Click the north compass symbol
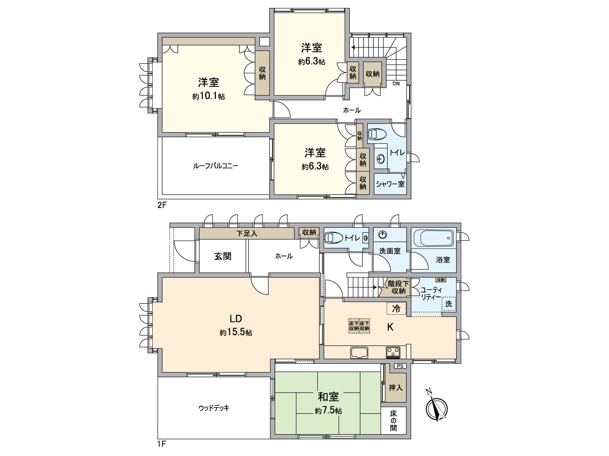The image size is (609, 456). [437, 409]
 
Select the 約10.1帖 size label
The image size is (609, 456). [208, 97]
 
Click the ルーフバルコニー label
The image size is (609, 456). [215, 166]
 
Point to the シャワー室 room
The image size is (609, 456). [390, 184]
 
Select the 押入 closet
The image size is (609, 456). [395, 388]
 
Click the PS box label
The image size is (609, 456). [399, 366]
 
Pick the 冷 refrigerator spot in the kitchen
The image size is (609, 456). [396, 309]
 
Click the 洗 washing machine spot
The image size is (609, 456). [449, 304]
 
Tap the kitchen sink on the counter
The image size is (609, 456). [359, 353]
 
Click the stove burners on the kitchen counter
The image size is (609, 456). [392, 353]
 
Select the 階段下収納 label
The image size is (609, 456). [398, 287]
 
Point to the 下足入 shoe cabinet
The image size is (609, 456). [247, 233]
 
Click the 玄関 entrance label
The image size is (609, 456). [222, 256]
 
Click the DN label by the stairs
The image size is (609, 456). [396, 84]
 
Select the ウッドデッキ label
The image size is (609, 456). [214, 408]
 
